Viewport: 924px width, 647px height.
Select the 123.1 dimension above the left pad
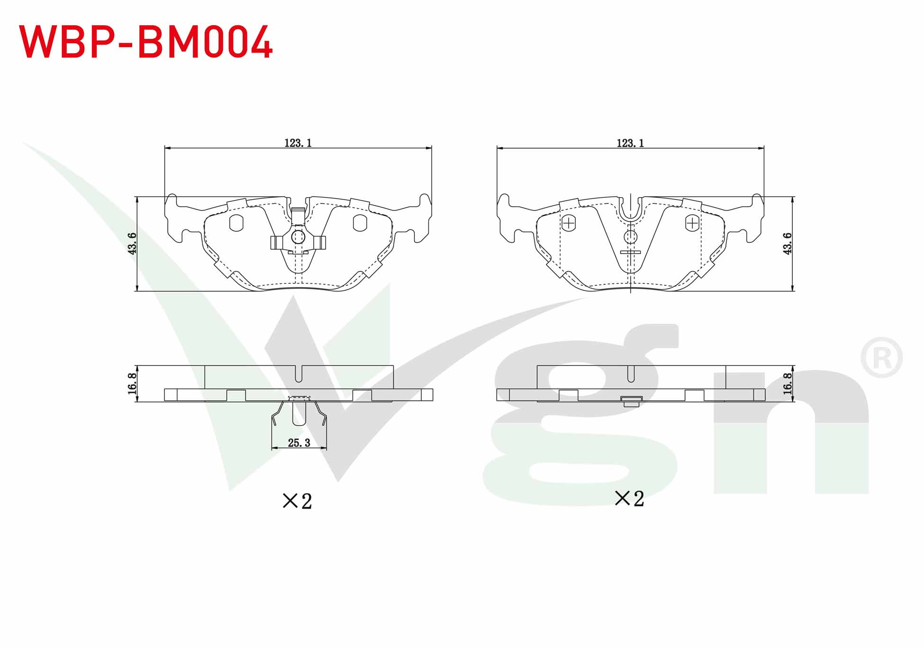[298, 143]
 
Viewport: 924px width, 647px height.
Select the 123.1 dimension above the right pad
[630, 143]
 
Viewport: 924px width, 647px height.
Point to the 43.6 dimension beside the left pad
[132, 243]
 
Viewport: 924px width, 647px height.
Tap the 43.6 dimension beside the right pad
[787, 243]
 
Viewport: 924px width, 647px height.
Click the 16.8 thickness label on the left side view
[132, 383]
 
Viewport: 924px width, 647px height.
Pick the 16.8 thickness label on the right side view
[787, 383]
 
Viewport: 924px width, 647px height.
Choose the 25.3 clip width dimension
[299, 443]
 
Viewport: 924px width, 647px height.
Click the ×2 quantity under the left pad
[297, 501]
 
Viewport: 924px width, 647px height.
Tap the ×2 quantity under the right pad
[629, 498]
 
